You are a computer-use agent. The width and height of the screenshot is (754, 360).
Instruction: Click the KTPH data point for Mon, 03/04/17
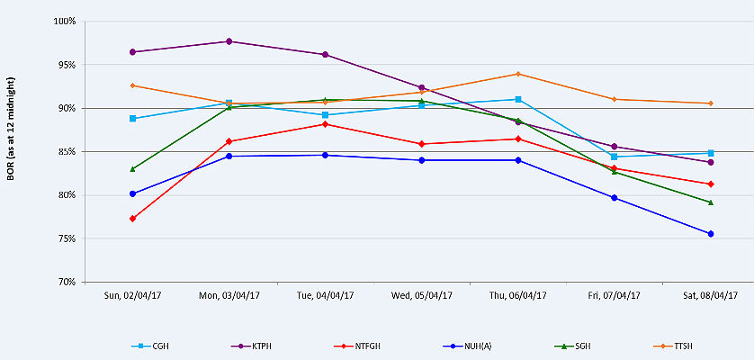pyautogui.click(x=229, y=41)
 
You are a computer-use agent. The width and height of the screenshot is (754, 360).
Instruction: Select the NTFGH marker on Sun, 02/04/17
pyautogui.click(x=132, y=219)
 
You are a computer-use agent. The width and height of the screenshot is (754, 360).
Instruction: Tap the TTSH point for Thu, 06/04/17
pyautogui.click(x=518, y=74)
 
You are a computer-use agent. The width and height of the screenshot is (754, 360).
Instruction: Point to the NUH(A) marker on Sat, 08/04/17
pyautogui.click(x=711, y=234)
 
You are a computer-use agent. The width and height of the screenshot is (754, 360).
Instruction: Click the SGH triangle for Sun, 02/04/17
pyautogui.click(x=132, y=168)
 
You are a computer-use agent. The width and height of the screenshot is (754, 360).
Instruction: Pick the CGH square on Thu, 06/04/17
pyautogui.click(x=518, y=99)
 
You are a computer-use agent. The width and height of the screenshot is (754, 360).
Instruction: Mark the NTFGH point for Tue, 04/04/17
pyautogui.click(x=325, y=124)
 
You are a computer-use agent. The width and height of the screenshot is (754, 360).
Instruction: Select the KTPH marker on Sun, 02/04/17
pyautogui.click(x=132, y=52)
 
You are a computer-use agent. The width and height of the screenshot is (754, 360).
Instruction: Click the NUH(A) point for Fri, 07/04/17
pyautogui.click(x=615, y=198)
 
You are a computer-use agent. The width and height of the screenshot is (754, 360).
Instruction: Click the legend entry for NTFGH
pyautogui.click(x=355, y=346)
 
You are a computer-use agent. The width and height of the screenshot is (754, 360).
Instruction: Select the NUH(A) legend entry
pyautogui.click(x=460, y=346)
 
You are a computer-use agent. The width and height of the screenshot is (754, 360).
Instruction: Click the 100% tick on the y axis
pyautogui.click(x=64, y=22)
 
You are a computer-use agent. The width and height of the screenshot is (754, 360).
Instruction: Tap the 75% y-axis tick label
pyautogui.click(x=66, y=238)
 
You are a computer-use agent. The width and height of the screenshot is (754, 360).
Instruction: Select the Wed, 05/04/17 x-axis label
pyautogui.click(x=421, y=294)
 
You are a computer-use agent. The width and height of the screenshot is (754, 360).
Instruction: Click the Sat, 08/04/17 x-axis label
pyautogui.click(x=711, y=294)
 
